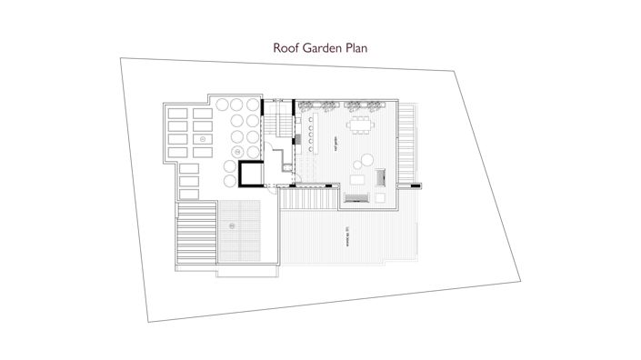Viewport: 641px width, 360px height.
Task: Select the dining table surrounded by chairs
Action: pos(366,124)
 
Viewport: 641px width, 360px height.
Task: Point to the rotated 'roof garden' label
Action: pos(336,145)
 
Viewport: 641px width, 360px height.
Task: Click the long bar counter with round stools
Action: pos(309,135)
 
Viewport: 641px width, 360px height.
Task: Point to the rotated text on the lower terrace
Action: pos(346,238)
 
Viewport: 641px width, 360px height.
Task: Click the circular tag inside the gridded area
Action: pos(233,225)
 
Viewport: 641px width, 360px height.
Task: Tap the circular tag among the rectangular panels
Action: pos(202,138)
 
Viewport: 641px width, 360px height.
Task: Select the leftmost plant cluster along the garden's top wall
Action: pos(308,101)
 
